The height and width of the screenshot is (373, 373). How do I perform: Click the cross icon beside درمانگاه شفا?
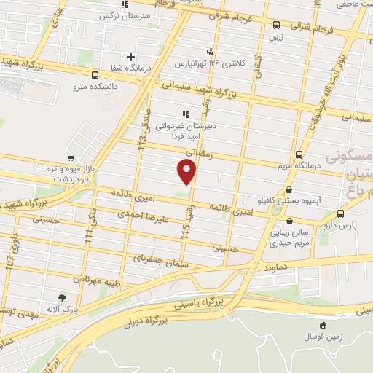(131, 57)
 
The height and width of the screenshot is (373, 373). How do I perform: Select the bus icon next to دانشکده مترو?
(95, 74)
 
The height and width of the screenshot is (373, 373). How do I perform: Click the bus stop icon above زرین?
(276, 25)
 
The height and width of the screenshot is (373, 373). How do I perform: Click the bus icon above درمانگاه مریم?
(299, 154)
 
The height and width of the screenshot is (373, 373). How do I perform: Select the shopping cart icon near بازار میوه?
(70, 157)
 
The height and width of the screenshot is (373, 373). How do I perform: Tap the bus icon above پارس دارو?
(340, 213)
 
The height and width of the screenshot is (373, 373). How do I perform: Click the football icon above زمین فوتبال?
(323, 326)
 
